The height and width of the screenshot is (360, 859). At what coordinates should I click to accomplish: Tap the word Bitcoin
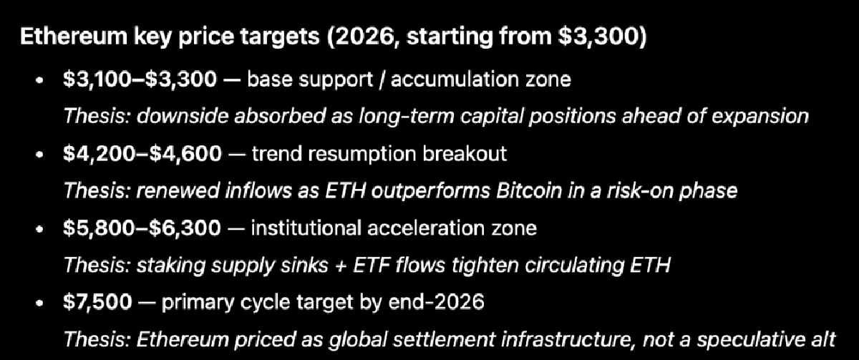pos(529,191)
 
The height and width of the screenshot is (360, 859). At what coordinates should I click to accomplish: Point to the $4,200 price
pos(100,154)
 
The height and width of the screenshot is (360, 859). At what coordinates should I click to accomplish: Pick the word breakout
pos(465,154)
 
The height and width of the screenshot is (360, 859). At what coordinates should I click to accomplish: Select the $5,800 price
pos(100,228)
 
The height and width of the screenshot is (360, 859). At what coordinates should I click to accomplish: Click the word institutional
pos(306,228)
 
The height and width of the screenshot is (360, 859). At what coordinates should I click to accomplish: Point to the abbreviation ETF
pos(371,266)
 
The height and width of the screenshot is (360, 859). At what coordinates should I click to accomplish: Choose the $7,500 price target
pos(98,302)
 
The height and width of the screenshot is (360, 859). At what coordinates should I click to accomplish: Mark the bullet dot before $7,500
pos(39,303)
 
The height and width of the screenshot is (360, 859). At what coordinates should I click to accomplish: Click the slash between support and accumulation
pos(382,79)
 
